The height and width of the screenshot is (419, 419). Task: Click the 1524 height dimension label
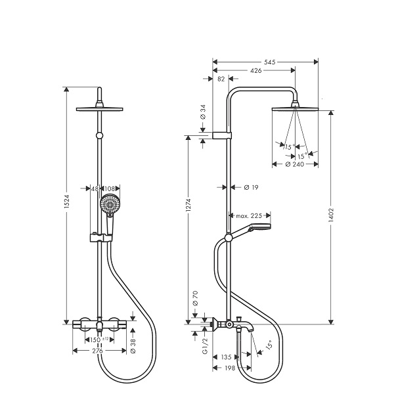click(x=67, y=202)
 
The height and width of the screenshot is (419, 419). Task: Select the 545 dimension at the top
click(x=270, y=62)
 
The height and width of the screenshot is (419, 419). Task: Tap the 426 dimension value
click(x=255, y=71)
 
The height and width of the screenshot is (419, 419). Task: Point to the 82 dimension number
click(x=221, y=79)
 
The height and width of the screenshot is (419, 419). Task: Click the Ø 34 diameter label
click(x=203, y=112)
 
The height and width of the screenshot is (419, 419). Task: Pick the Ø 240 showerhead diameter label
click(x=295, y=164)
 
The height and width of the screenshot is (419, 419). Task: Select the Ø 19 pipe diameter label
click(x=251, y=188)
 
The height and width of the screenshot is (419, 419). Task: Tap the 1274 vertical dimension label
click(x=188, y=205)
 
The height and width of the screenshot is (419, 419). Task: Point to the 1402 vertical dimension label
click(x=331, y=215)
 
